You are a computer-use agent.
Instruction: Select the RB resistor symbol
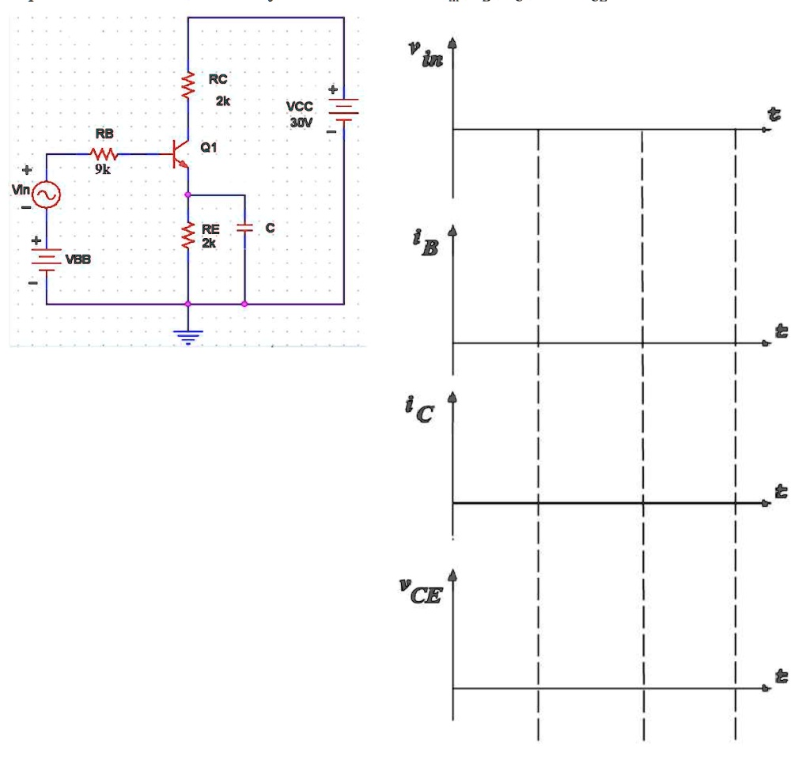[104, 153]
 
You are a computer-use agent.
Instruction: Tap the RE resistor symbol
[188, 235]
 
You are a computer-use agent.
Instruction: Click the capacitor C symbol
[244, 227]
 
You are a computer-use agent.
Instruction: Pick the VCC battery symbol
[344, 109]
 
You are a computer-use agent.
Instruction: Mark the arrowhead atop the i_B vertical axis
[453, 230]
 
